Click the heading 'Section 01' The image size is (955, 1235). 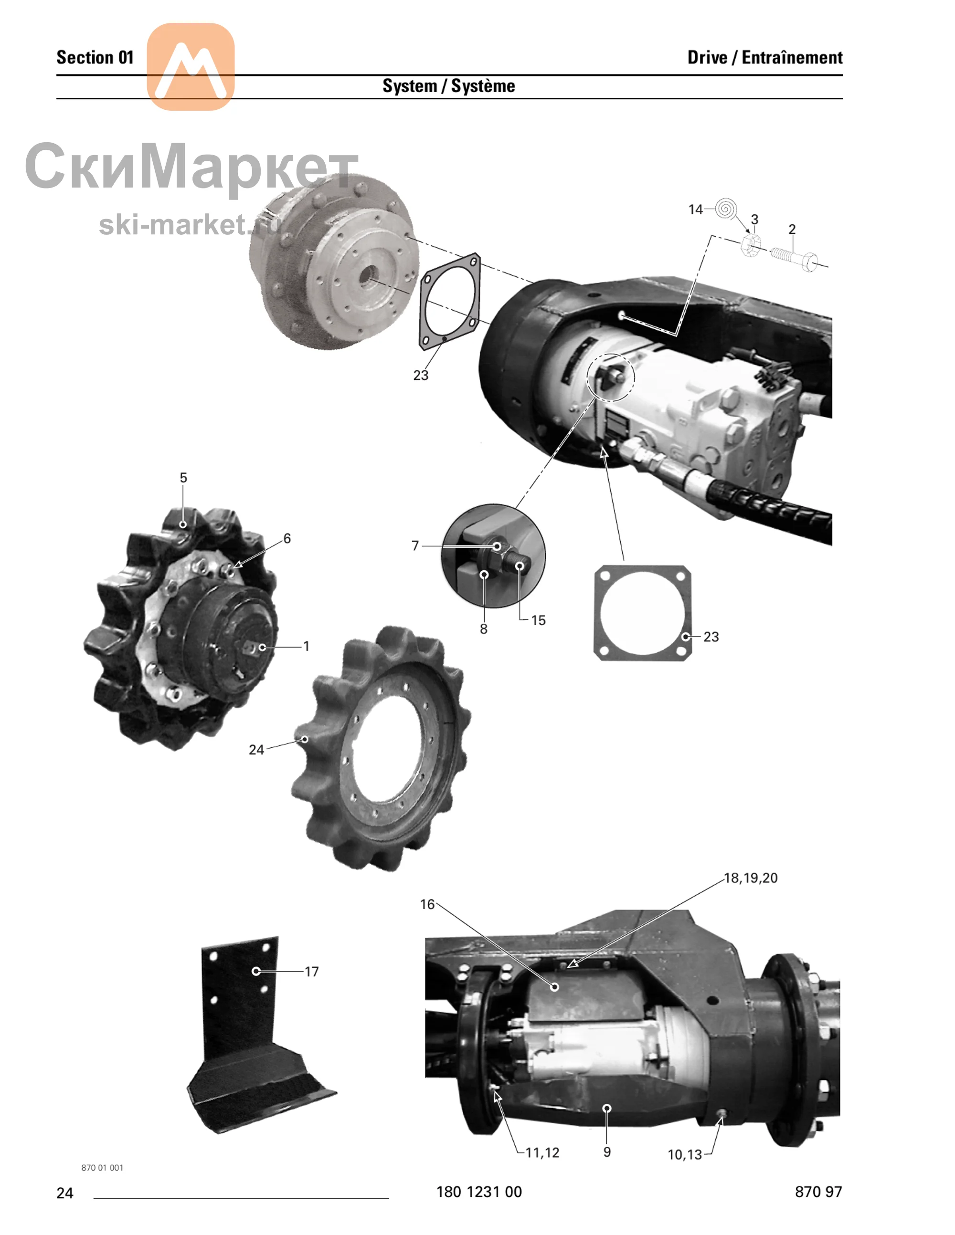(x=95, y=57)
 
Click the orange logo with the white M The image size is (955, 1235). (x=191, y=67)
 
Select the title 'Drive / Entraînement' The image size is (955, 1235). (x=765, y=57)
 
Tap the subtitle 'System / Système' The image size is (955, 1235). (x=449, y=86)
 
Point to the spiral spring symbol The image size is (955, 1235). (x=725, y=209)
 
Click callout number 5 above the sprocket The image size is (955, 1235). (x=183, y=478)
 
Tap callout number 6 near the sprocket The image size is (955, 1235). (x=287, y=538)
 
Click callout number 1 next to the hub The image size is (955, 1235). (x=306, y=646)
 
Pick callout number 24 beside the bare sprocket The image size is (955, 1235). (x=256, y=750)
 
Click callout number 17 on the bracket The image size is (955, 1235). (x=312, y=972)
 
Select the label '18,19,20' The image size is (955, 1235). (x=751, y=878)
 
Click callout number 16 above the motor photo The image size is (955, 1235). (x=427, y=904)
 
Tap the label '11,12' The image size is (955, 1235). (x=542, y=1152)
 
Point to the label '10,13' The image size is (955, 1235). (x=685, y=1155)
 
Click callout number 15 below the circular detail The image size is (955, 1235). (x=538, y=620)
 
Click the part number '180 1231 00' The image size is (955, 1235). (x=478, y=1192)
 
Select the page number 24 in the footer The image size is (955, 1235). (x=64, y=1193)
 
